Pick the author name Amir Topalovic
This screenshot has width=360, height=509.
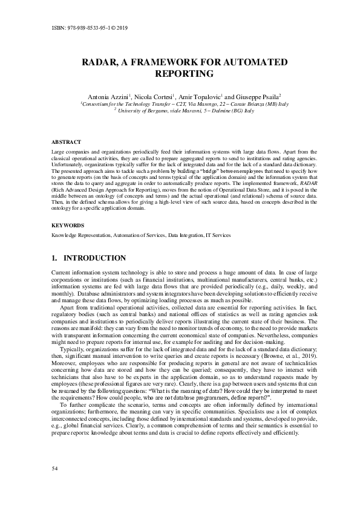point(203,96)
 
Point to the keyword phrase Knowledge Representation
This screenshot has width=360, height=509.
point(79,235)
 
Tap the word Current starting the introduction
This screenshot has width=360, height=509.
point(61,274)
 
